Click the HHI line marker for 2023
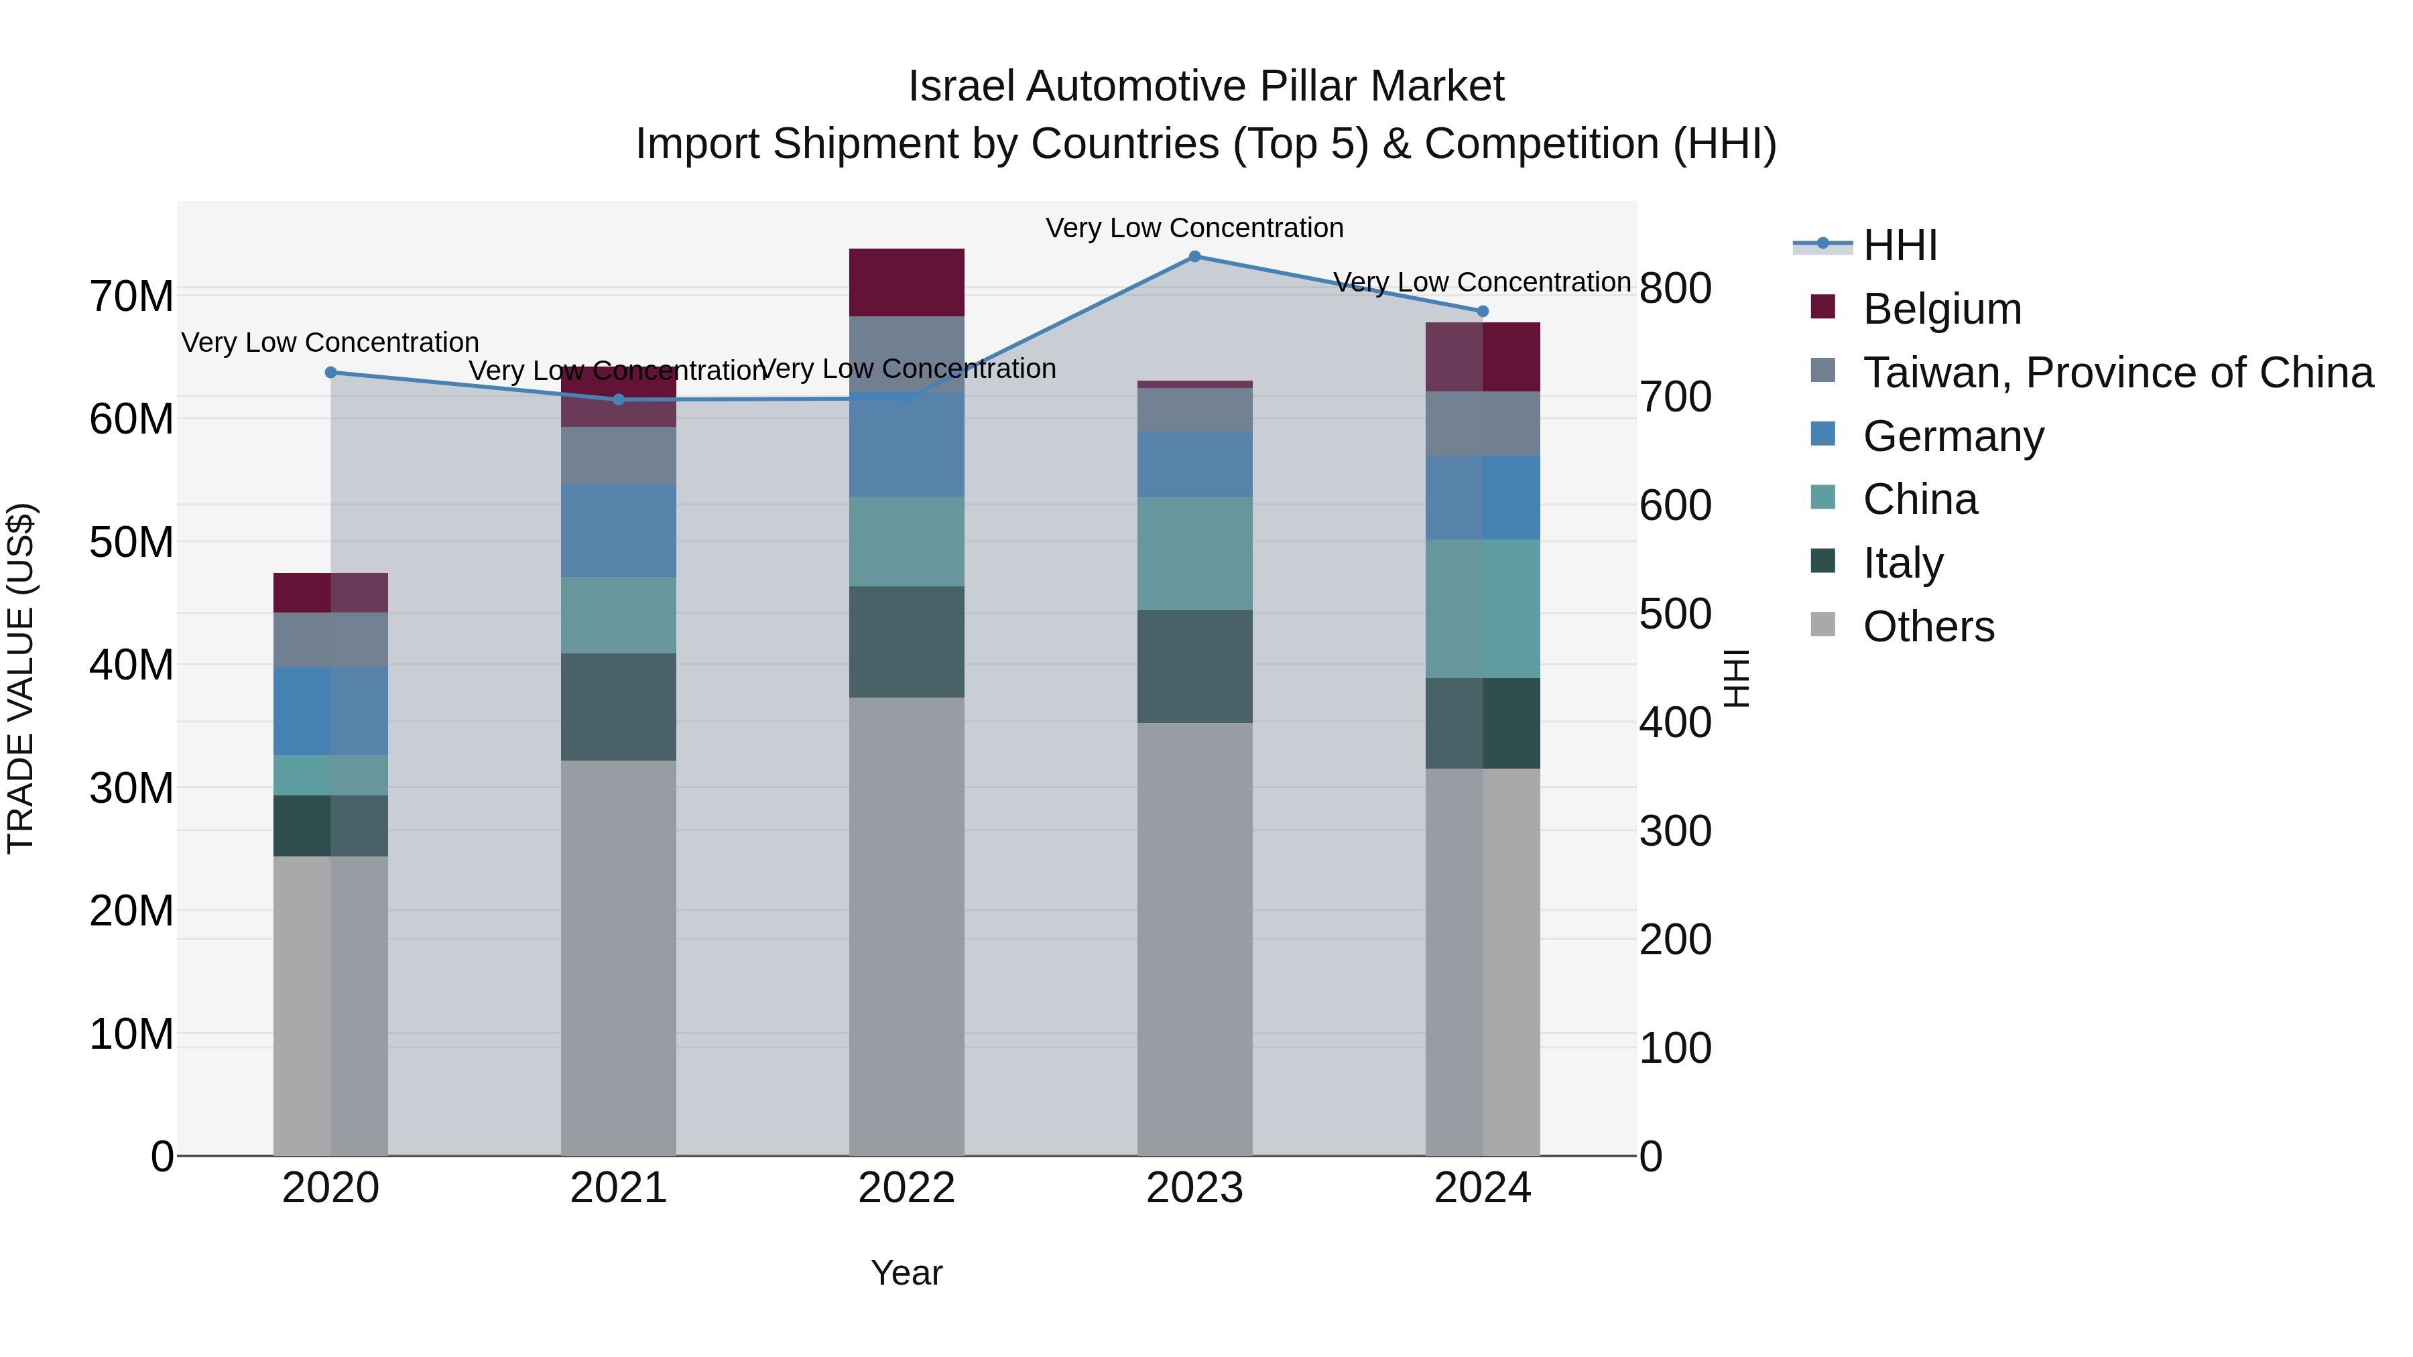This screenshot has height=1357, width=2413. (1194, 257)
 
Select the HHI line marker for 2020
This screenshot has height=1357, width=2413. (330, 373)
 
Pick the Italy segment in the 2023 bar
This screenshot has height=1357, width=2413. (1194, 667)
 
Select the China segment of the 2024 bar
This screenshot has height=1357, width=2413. (1482, 608)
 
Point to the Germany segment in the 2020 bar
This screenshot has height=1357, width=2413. (330, 712)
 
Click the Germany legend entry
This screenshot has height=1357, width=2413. (1953, 436)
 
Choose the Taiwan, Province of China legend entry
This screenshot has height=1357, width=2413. (2117, 373)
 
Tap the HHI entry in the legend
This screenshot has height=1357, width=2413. (1900, 245)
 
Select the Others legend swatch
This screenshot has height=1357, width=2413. (1823, 625)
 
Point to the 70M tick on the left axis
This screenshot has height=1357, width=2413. (131, 297)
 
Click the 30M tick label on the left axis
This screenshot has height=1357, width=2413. (131, 789)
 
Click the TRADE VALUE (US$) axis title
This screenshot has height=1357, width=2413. (21, 678)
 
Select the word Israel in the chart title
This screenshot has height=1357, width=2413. (961, 86)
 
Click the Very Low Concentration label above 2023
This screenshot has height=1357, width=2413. (1194, 228)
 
